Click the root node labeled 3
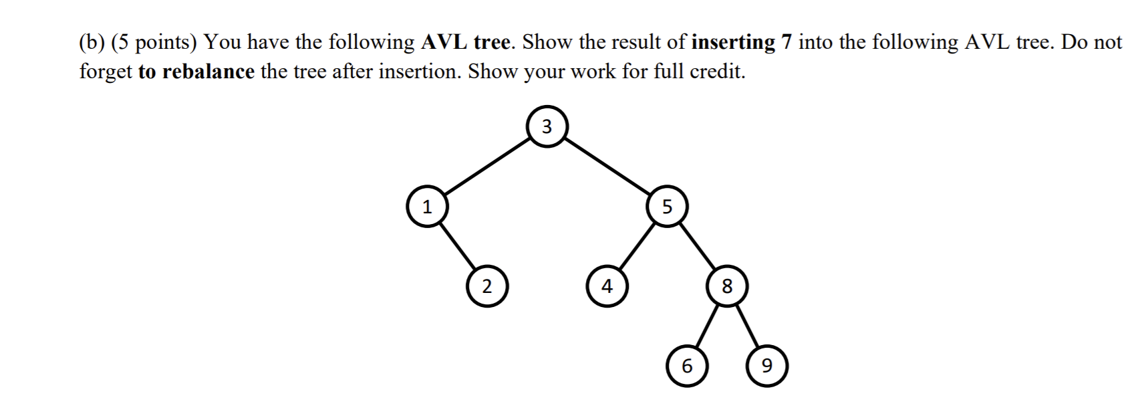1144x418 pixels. coord(547,126)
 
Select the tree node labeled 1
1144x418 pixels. coord(427,207)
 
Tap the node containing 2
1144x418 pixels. coord(487,286)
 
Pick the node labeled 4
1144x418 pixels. coord(607,286)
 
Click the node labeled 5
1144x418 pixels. coord(667,207)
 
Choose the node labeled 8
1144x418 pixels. coord(727,286)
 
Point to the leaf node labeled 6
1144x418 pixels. coord(687,366)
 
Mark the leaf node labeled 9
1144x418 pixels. coord(767,366)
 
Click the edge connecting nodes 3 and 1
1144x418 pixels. coord(486,167)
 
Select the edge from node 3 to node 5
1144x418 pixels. coord(607,167)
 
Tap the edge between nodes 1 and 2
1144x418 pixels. coord(457,247)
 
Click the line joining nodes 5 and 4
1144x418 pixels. coord(637,247)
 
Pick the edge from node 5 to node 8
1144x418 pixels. coord(697,247)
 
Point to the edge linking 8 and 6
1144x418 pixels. coord(707,326)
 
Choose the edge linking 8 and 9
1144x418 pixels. coord(747,326)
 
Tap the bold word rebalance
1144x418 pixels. coord(208,72)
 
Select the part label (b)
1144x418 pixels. coord(92,42)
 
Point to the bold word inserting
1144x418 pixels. coord(733,42)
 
